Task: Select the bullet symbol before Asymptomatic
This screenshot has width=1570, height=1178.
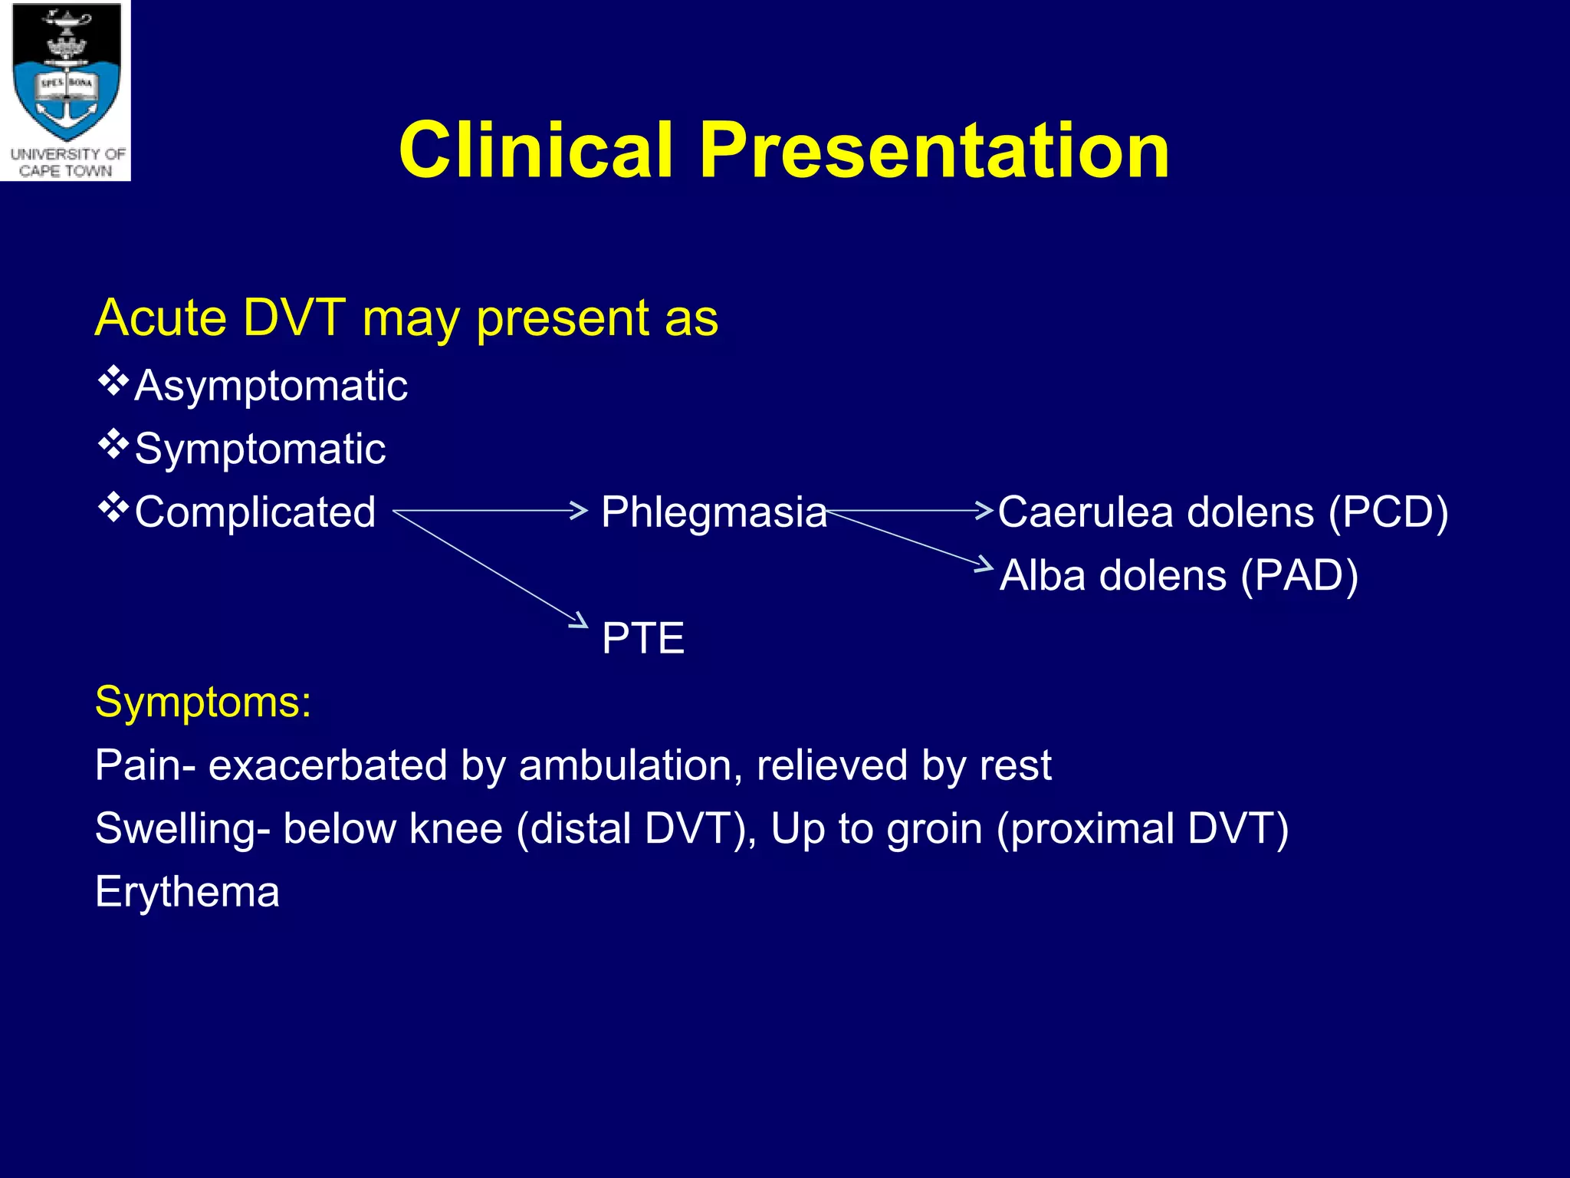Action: click(x=113, y=381)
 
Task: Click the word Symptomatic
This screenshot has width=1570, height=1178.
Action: click(x=260, y=449)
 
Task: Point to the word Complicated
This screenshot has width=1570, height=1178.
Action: click(x=255, y=512)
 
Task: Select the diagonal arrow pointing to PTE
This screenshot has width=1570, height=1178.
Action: click(x=491, y=568)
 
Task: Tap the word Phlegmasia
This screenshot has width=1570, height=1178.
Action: click(x=714, y=512)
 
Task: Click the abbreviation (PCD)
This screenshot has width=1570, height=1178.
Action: click(x=1388, y=512)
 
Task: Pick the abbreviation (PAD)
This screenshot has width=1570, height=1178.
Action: click(x=1299, y=575)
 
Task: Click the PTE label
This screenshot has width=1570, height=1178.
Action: click(x=642, y=638)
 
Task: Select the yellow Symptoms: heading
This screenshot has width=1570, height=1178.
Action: click(x=203, y=701)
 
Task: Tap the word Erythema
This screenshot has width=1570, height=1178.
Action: click(x=187, y=892)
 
